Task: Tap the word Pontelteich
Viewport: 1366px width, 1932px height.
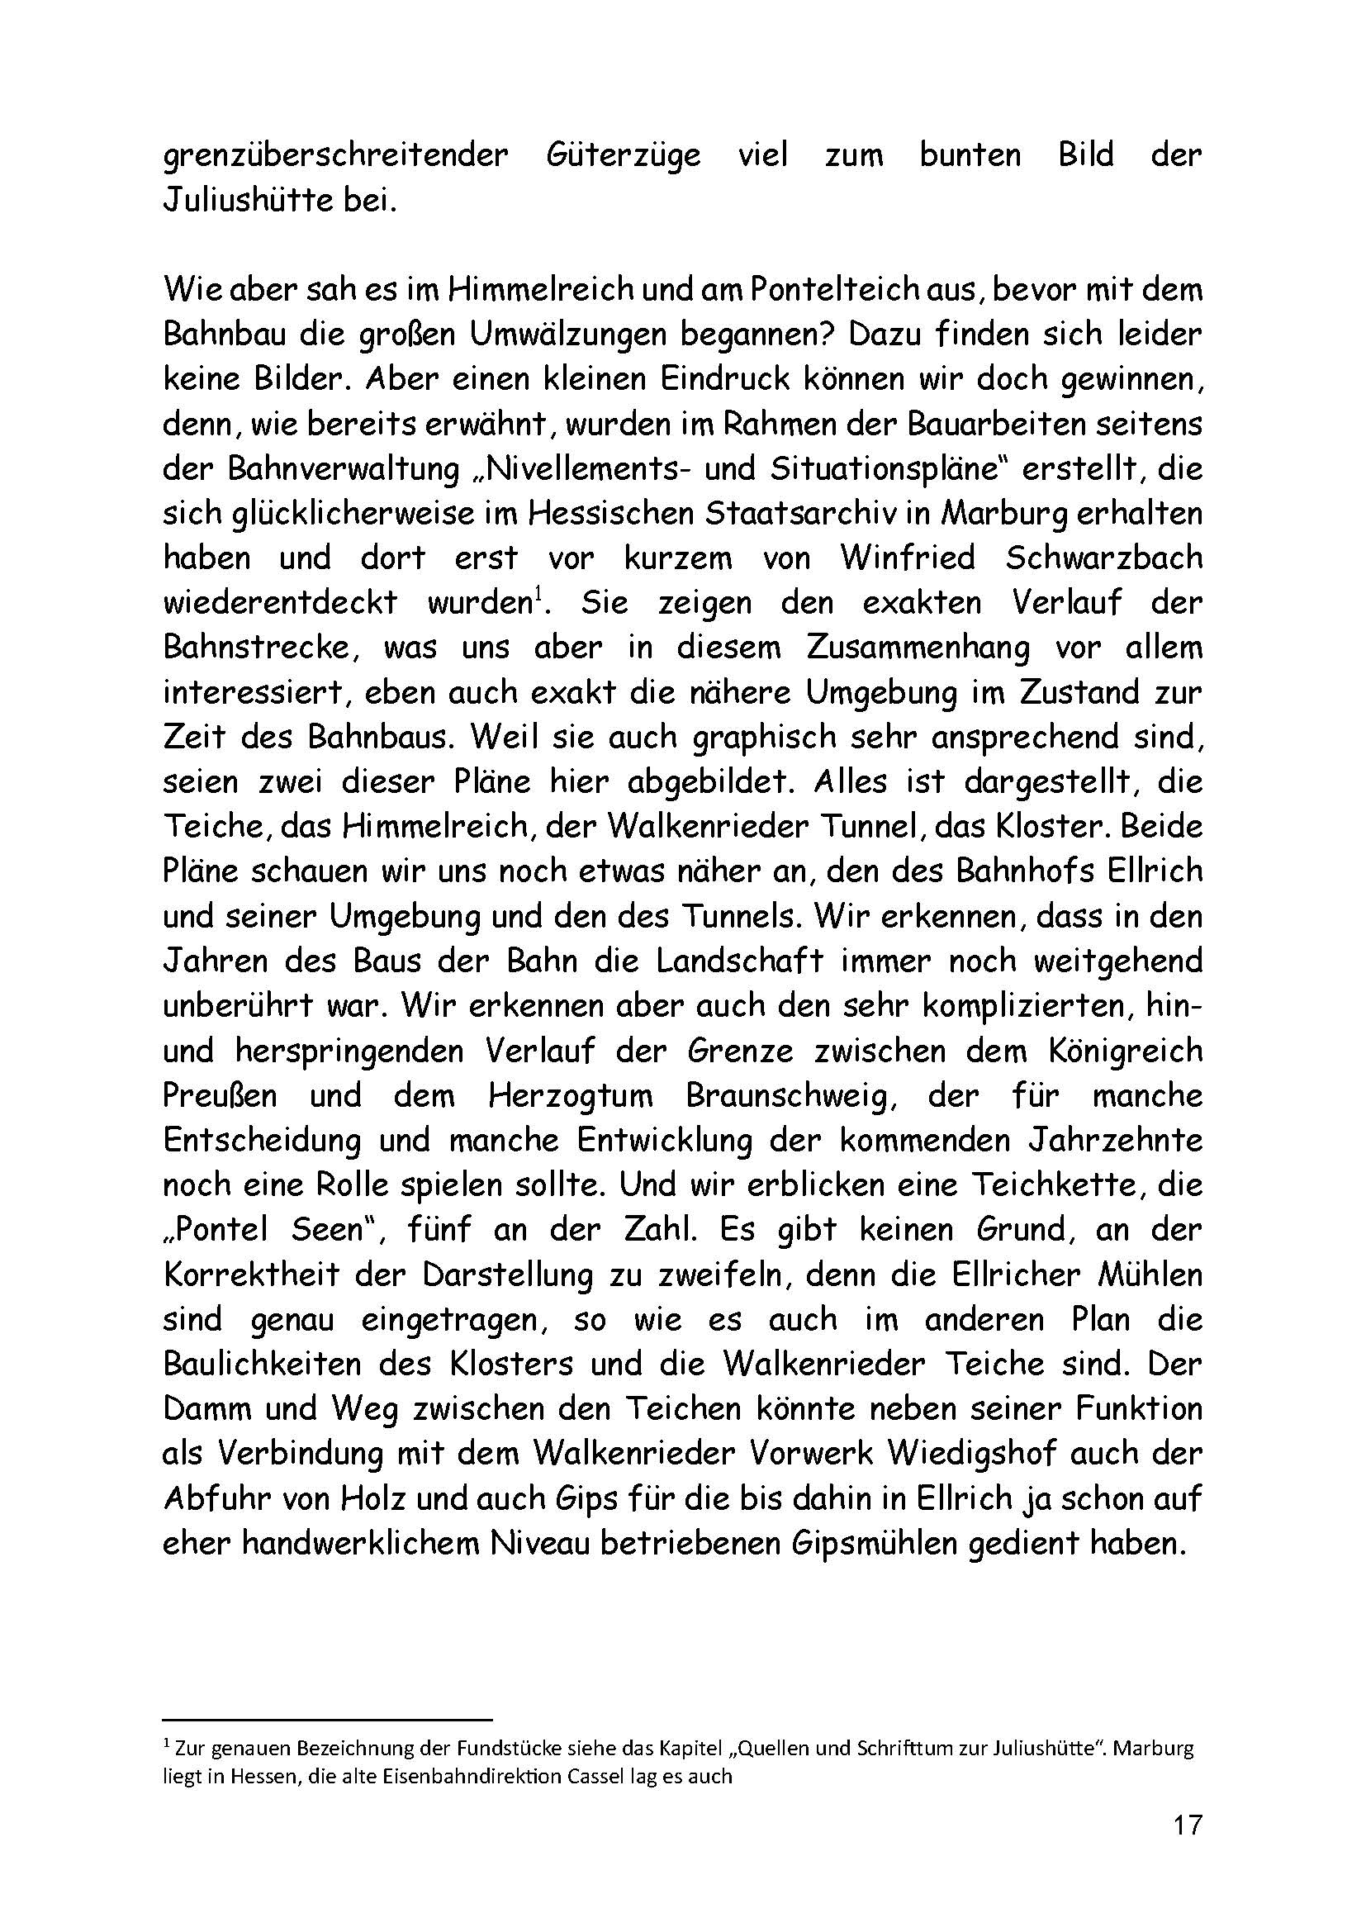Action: [840, 290]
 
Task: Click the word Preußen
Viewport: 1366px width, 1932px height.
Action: [220, 1096]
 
